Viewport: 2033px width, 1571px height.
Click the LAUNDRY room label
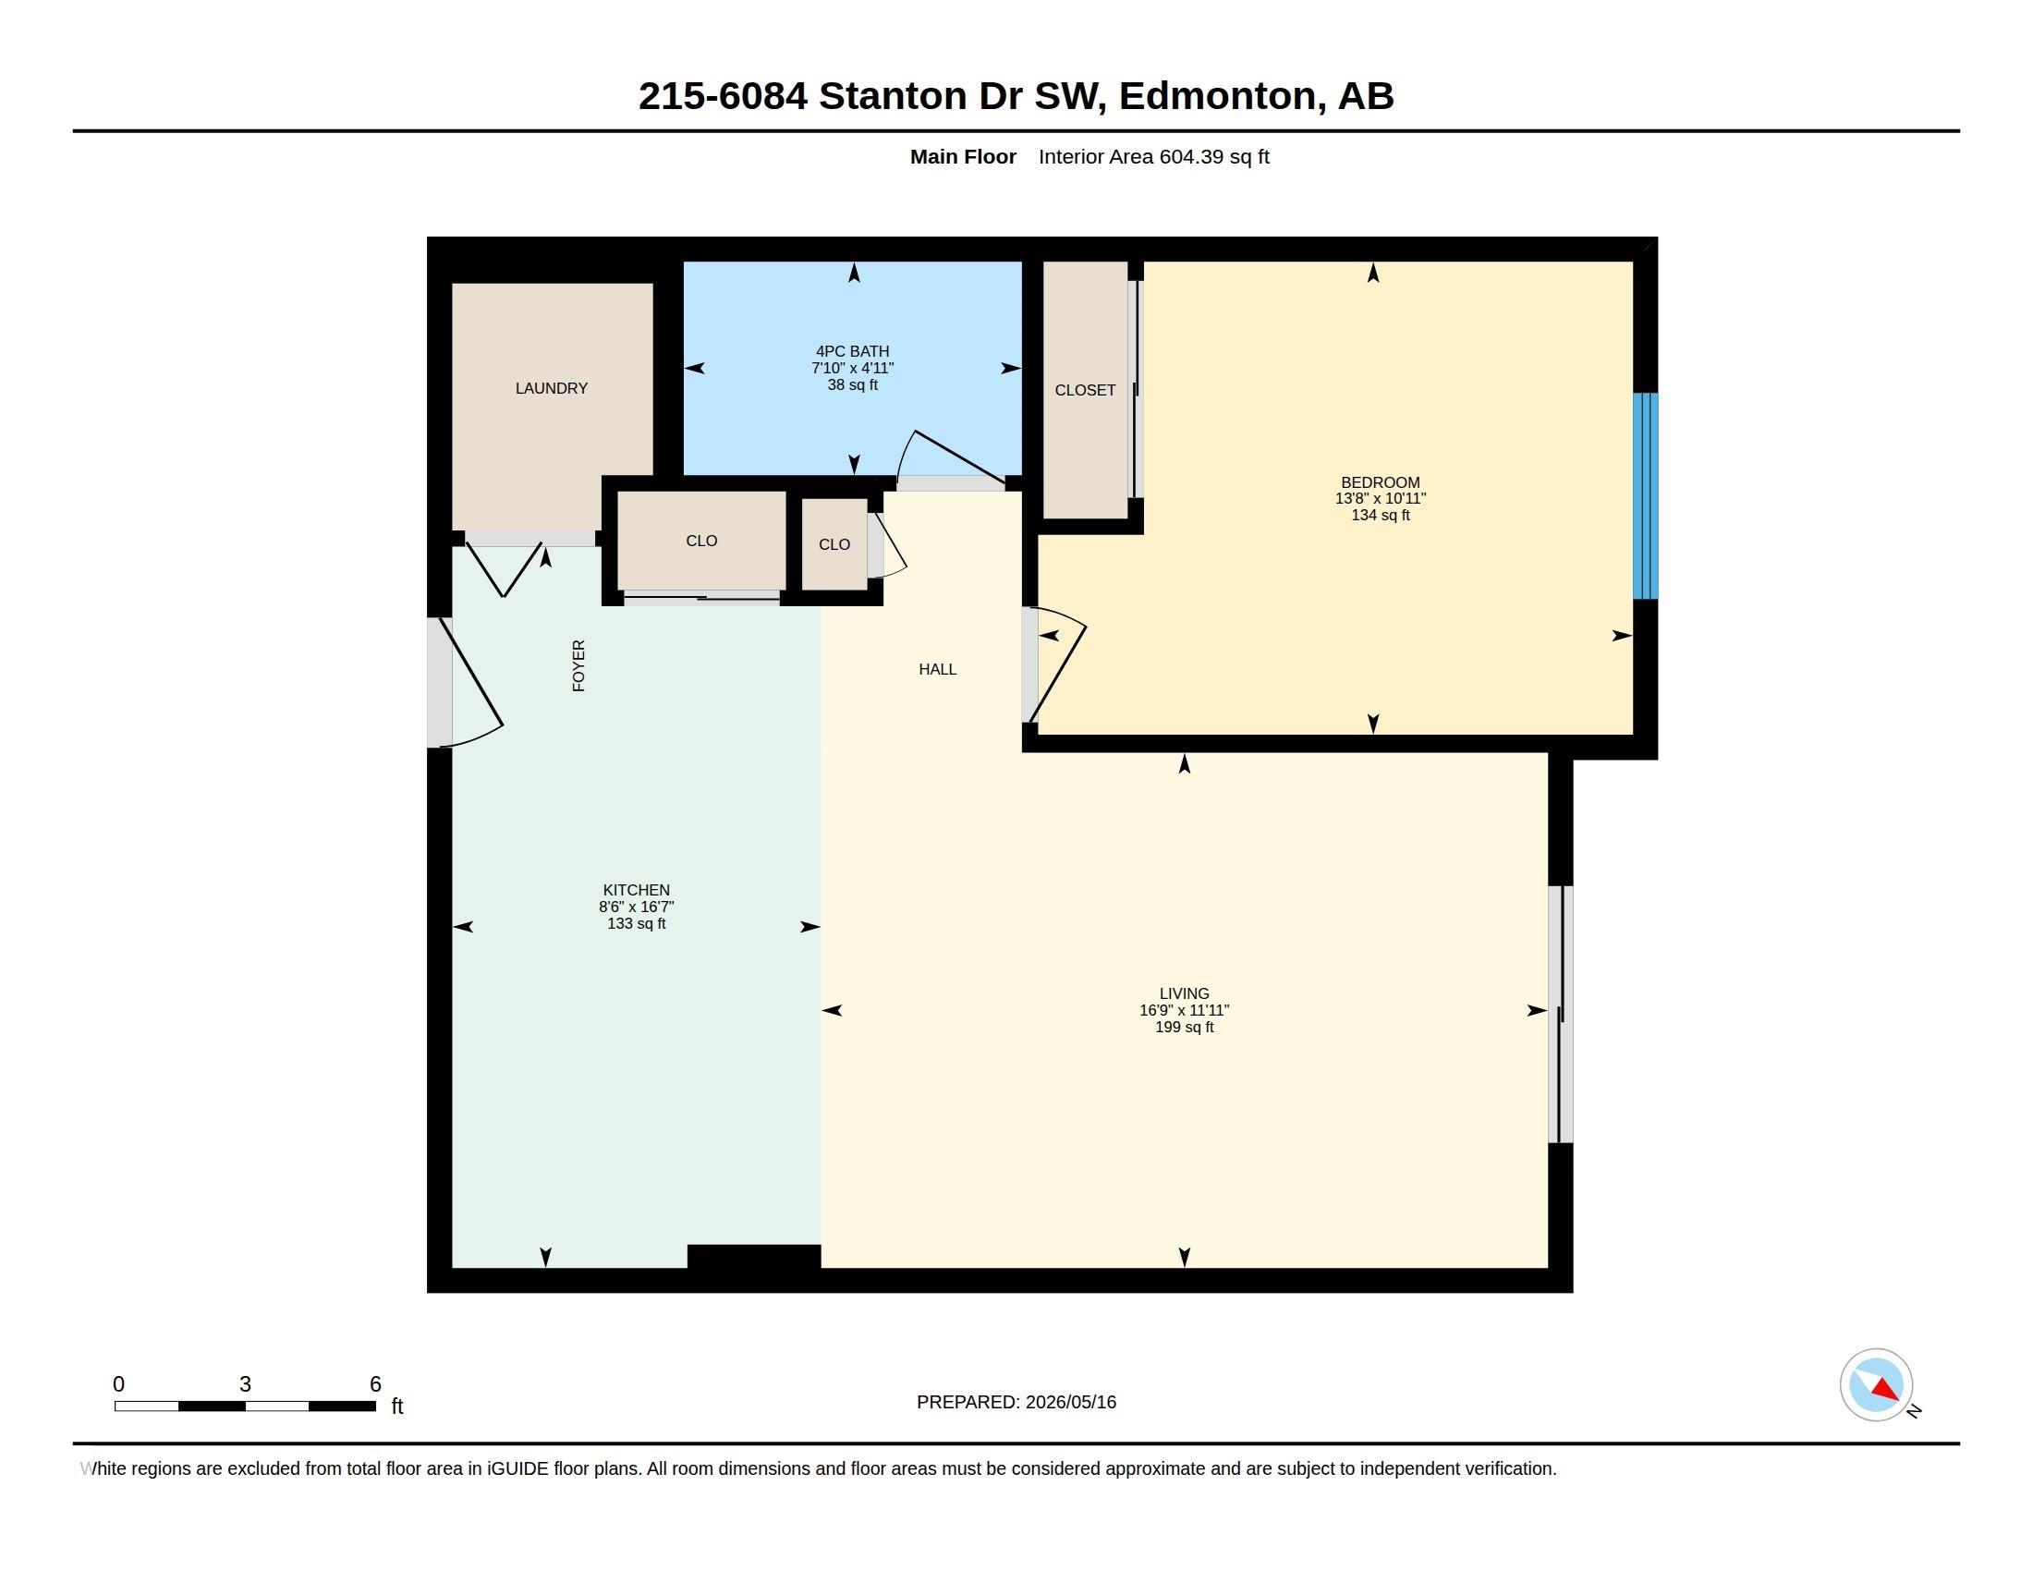click(551, 388)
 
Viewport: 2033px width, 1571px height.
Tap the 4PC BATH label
click(853, 352)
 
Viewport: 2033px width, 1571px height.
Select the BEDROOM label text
click(1381, 482)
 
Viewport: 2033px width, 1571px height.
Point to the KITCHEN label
click(637, 890)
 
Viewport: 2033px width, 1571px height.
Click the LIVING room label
click(1184, 993)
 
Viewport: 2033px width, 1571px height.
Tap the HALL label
click(937, 669)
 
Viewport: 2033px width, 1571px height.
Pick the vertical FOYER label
click(579, 665)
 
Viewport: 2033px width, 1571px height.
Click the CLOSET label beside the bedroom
click(1086, 390)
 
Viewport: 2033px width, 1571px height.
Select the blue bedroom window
click(1646, 496)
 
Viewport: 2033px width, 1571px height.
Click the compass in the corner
click(1877, 1385)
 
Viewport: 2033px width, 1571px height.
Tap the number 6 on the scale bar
click(375, 1384)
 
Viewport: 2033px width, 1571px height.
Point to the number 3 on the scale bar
click(245, 1384)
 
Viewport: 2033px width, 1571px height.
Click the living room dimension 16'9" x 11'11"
click(1184, 1010)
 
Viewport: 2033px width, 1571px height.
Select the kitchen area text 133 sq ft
click(637, 923)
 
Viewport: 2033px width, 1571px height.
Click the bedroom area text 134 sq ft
click(1381, 515)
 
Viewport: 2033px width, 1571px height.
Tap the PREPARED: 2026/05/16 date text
click(1016, 1402)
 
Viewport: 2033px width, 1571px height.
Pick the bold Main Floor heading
click(964, 156)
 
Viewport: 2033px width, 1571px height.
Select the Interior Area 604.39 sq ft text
click(1154, 156)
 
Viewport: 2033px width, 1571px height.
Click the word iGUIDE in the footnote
click(517, 1468)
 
